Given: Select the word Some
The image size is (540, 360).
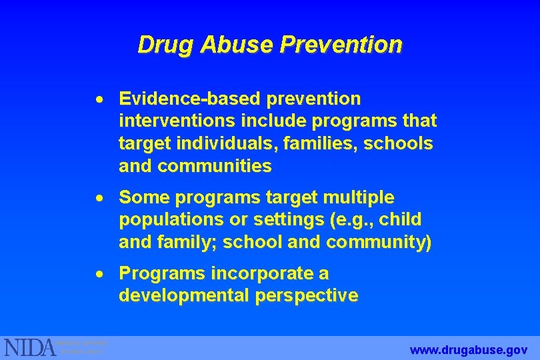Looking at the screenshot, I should pyautogui.click(x=140, y=198).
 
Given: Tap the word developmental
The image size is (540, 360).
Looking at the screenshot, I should pyautogui.click(x=184, y=295).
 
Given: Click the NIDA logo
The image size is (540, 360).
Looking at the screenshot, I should pyautogui.click(x=31, y=347).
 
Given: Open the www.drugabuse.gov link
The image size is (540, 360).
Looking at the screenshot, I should pyautogui.click(x=469, y=349).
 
